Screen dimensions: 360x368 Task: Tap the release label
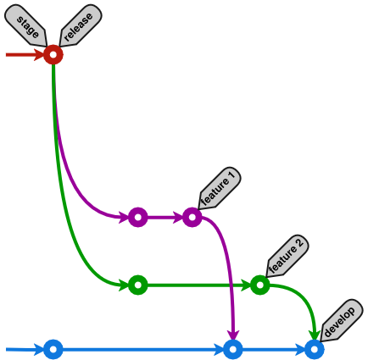79,25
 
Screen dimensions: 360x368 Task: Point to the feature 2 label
286,255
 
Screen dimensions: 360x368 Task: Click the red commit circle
53,55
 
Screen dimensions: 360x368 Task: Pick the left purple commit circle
137,218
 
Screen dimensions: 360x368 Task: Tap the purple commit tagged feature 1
192,218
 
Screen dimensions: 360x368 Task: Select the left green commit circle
137,285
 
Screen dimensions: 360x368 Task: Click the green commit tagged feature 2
259,285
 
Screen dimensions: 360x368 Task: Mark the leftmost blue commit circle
53,349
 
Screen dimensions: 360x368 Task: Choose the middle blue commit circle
233,349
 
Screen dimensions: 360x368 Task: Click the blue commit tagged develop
315,349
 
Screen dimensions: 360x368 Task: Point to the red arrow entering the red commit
24,55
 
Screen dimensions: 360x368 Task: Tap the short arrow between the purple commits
164,218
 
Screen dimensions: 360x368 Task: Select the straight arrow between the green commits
198,285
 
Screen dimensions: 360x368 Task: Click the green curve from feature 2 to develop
306,302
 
